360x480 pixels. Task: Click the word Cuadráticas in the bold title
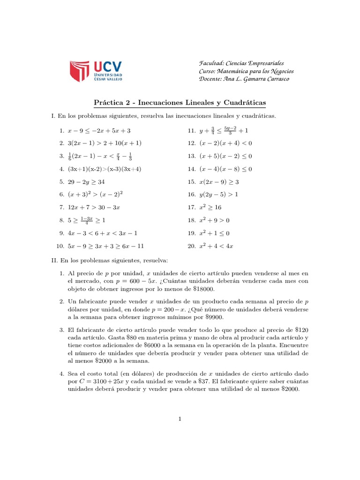coord(244,102)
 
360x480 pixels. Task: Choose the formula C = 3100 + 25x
coord(104,381)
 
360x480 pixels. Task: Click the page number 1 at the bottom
coord(180,419)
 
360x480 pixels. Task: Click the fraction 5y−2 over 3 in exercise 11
coord(229,130)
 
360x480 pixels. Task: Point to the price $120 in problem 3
coord(300,330)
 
